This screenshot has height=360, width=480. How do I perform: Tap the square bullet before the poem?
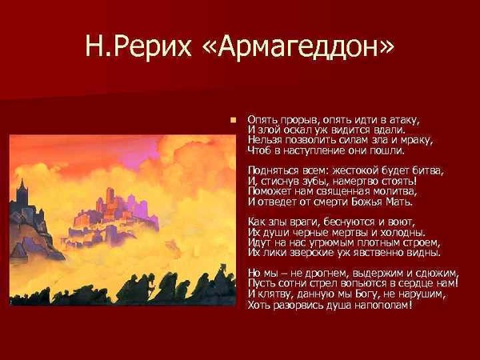click(x=234, y=119)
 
